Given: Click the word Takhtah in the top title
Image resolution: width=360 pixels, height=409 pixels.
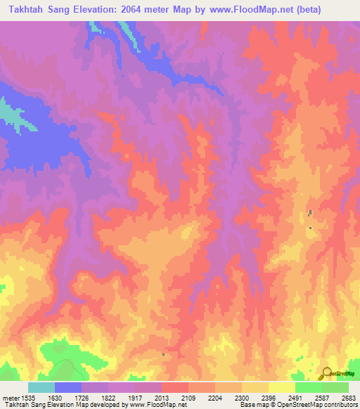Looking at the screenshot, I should tap(31, 9).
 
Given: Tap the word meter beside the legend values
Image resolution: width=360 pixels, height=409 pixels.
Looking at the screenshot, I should tap(11, 396).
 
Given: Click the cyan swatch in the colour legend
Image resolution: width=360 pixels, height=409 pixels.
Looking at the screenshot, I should tap(41, 387).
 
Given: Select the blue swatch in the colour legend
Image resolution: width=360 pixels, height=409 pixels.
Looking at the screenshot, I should tap(68, 387).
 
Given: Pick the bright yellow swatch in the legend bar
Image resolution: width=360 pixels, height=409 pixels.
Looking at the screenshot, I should tap(282, 387).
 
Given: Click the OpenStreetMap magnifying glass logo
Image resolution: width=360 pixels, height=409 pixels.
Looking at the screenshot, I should tap(326, 373).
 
